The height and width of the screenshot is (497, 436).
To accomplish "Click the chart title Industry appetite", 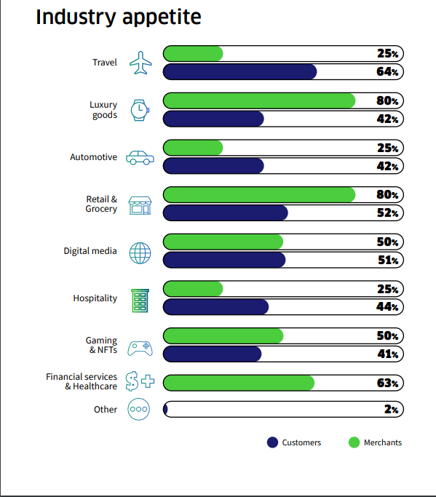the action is click(118, 17).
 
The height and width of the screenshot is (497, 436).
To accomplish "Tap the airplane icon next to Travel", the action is click(140, 63).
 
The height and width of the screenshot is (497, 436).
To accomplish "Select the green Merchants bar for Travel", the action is click(193, 54).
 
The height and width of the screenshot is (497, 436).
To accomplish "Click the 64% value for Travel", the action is click(387, 71).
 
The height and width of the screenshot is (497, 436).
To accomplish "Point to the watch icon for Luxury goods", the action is click(140, 111).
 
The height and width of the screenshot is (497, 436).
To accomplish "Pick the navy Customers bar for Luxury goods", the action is click(213, 119).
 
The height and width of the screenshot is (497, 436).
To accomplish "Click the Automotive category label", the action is click(94, 157).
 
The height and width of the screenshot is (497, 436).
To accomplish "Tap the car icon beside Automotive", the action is click(140, 157).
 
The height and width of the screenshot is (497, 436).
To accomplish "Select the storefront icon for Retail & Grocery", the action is click(140, 205).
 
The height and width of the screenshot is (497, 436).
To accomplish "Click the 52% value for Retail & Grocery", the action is click(387, 213).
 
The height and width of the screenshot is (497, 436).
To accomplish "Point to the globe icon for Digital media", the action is click(140, 253).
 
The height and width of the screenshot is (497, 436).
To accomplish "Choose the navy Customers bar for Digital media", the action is click(224, 261).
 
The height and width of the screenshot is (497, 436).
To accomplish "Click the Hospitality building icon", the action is click(140, 301).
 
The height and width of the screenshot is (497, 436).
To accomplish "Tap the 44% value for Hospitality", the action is click(387, 307).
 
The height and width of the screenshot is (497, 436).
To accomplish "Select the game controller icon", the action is click(140, 349).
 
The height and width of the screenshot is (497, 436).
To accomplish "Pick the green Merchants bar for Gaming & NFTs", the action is click(223, 336).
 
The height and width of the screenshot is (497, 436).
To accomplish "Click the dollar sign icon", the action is click(132, 381).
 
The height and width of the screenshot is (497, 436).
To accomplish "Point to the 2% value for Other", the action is click(392, 410).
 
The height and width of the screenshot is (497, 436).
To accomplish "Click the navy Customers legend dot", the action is click(272, 442).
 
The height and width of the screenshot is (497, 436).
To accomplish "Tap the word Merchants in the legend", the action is click(383, 442).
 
